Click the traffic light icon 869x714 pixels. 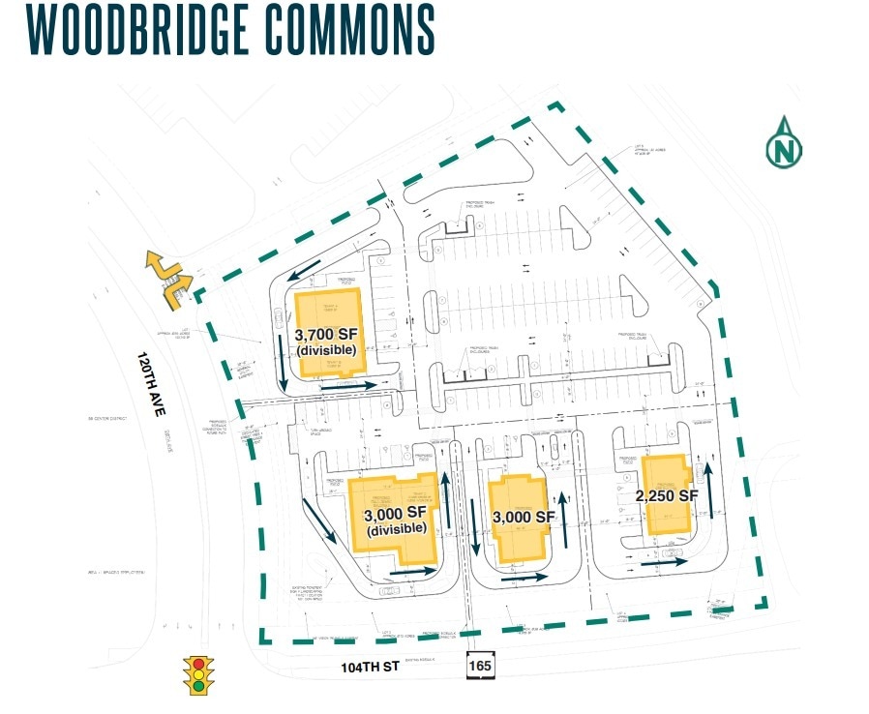(200, 675)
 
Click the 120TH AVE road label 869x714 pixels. (145, 385)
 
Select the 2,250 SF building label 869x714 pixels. (666, 495)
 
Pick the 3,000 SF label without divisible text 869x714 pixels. (523, 517)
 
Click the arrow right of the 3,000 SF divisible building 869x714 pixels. (447, 501)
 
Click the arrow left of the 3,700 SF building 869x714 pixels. (280, 367)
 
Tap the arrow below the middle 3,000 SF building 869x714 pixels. (524, 579)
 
